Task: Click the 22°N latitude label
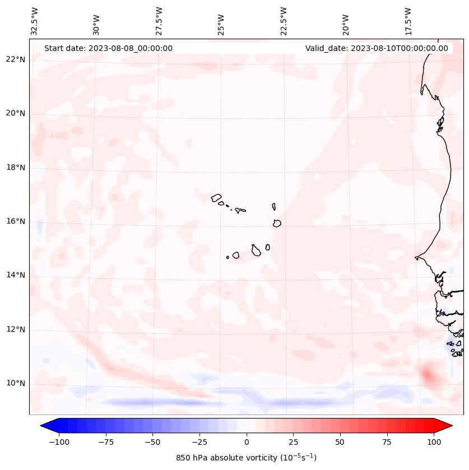pyautogui.click(x=16, y=60)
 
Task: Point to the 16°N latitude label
pyautogui.click(x=16, y=221)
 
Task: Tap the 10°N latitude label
pyautogui.click(x=16, y=383)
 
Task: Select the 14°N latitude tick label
pyautogui.click(x=16, y=275)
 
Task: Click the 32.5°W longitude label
pyautogui.click(x=35, y=21)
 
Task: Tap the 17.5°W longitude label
pyautogui.click(x=408, y=21)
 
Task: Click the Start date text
pyautogui.click(x=108, y=48)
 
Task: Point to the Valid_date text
pyautogui.click(x=377, y=48)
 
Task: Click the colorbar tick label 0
pyautogui.click(x=246, y=442)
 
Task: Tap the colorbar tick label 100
pyautogui.click(x=433, y=442)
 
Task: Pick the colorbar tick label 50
pyautogui.click(x=340, y=442)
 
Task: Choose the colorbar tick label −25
pyautogui.click(x=199, y=442)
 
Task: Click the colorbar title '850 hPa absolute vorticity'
pyautogui.click(x=246, y=458)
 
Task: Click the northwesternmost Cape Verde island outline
pyautogui.click(x=216, y=197)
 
